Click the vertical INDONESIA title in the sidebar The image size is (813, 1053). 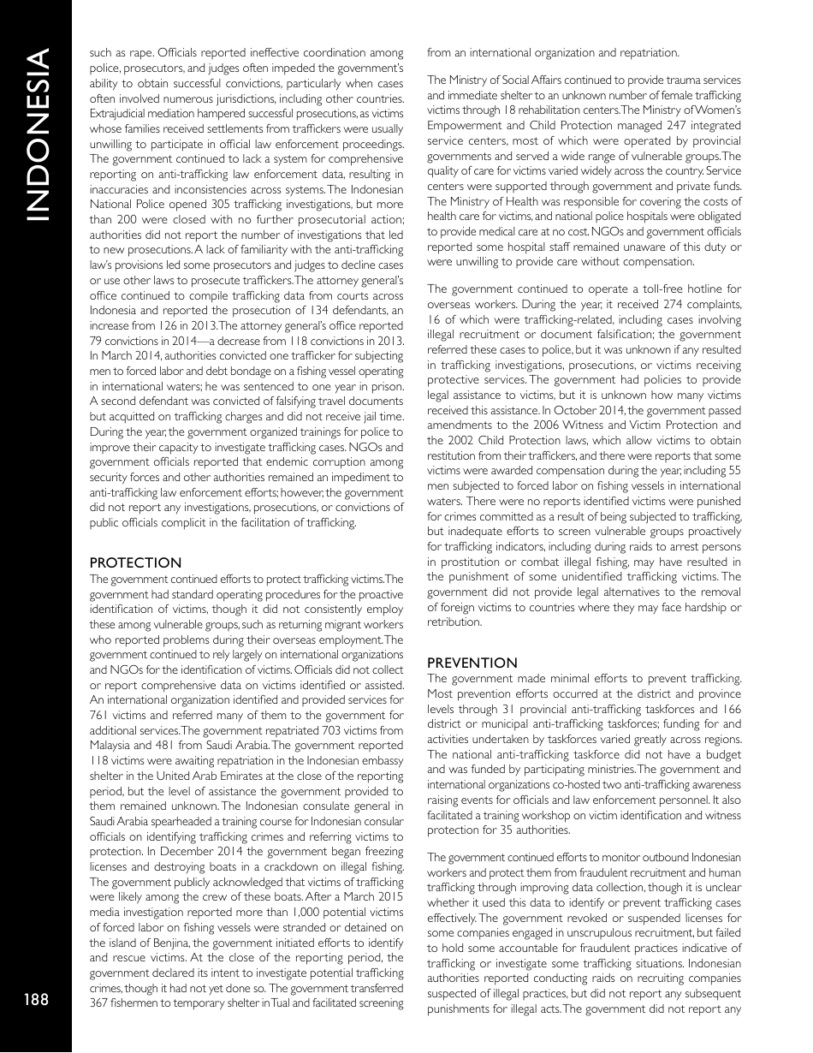point(36,136)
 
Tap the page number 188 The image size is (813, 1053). point(36,999)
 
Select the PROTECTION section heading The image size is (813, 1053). point(135,562)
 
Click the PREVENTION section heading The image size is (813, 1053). point(472,663)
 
